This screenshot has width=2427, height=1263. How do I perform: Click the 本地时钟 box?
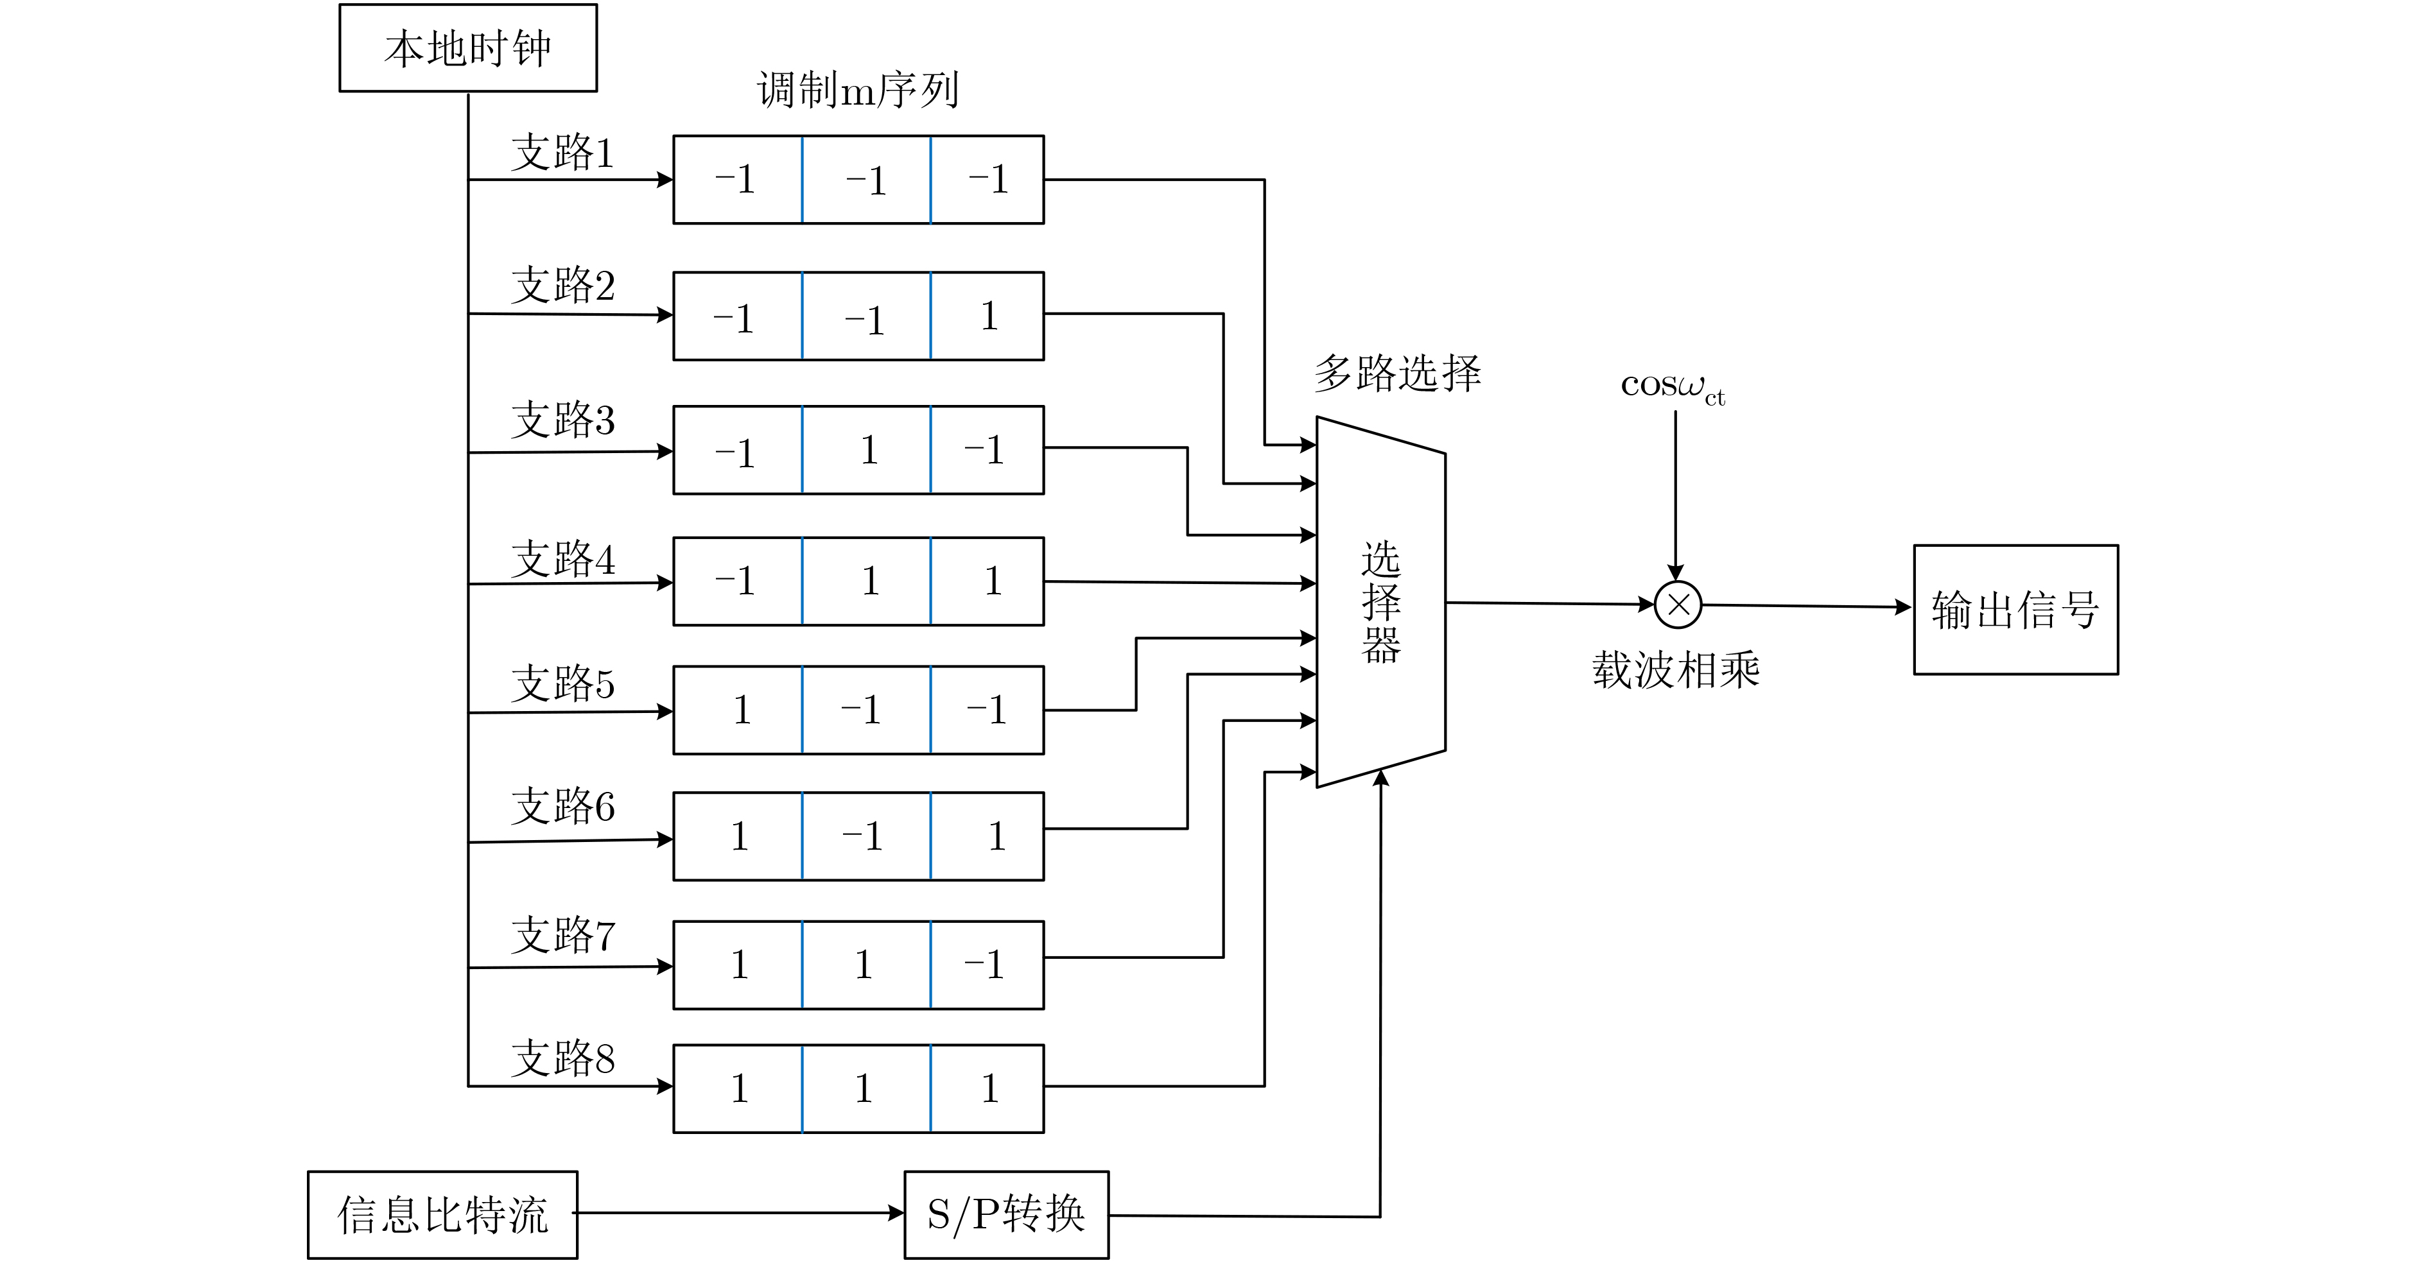pyautogui.click(x=467, y=48)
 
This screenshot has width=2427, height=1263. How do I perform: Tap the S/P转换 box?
pyautogui.click(x=1005, y=1214)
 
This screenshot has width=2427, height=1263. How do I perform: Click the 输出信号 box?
pyautogui.click(x=2015, y=610)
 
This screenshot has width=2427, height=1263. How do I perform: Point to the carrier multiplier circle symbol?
pyautogui.click(x=1678, y=605)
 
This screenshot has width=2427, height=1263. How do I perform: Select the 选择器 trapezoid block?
pyautogui.click(x=1380, y=602)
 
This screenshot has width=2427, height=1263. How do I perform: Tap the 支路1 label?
pyautogui.click(x=562, y=153)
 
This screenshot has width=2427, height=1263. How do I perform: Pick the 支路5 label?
pyautogui.click(x=562, y=683)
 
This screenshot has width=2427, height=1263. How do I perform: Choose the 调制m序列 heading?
pyautogui.click(x=857, y=90)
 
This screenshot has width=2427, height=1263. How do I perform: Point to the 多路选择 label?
pyautogui.click(x=1397, y=373)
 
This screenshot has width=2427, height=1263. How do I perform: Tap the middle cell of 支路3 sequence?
pyautogui.click(x=867, y=450)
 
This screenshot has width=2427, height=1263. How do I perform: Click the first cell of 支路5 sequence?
pyautogui.click(x=738, y=710)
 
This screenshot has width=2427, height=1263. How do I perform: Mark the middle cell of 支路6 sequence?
pyautogui.click(x=867, y=836)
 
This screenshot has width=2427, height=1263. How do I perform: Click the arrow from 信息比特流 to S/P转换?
pyautogui.click(x=740, y=1213)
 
